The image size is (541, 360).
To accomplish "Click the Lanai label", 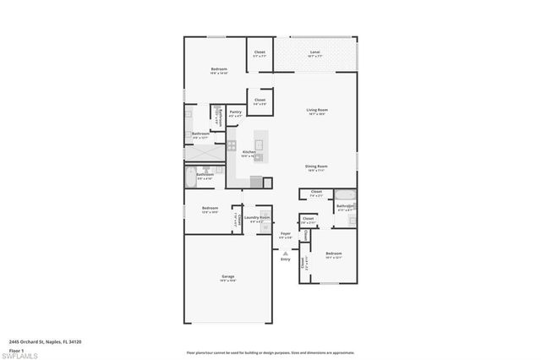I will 314,52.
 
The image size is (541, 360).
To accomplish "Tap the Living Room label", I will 317,110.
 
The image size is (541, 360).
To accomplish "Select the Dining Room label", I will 316,166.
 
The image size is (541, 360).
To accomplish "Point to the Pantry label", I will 236,112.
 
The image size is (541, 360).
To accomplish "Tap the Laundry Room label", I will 257,217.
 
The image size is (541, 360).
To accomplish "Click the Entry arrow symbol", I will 286,252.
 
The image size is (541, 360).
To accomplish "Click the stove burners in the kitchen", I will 231,145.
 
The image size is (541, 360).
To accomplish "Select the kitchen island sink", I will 260,145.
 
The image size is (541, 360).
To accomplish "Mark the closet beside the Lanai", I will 260,53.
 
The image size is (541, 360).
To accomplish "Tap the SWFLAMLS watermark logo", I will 22,355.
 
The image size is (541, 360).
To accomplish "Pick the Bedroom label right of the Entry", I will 334,254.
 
